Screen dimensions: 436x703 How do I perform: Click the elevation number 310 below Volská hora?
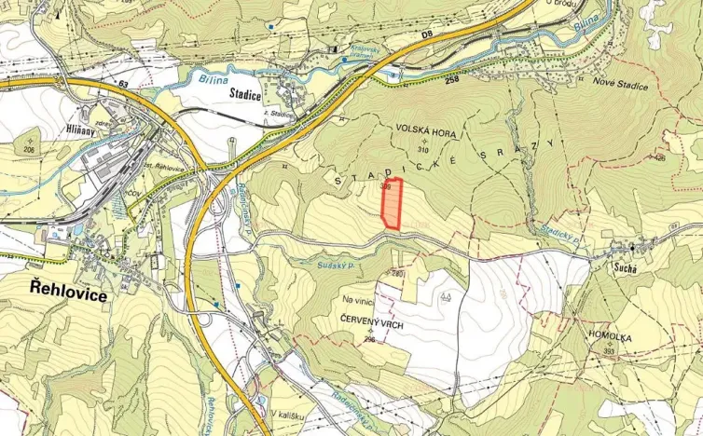(x=424, y=150)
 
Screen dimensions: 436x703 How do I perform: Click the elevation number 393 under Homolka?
(x=609, y=350)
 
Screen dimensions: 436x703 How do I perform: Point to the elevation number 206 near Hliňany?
(x=29, y=149)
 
